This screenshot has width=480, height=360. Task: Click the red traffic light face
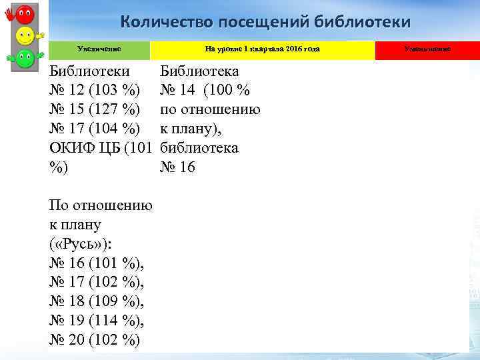pyautogui.click(x=25, y=13)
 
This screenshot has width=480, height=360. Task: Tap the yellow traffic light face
pyautogui.click(x=25, y=35)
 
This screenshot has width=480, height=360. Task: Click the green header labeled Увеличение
pyautogui.click(x=99, y=49)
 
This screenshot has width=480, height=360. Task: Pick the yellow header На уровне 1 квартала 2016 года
pyautogui.click(x=262, y=49)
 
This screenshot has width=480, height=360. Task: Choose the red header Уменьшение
pyautogui.click(x=427, y=49)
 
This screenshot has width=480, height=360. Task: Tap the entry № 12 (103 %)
pyautogui.click(x=95, y=90)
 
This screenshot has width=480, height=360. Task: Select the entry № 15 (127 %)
pyautogui.click(x=95, y=109)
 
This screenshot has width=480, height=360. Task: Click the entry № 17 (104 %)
pyautogui.click(x=95, y=128)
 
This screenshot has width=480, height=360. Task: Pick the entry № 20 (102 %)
pyautogui.click(x=95, y=340)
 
